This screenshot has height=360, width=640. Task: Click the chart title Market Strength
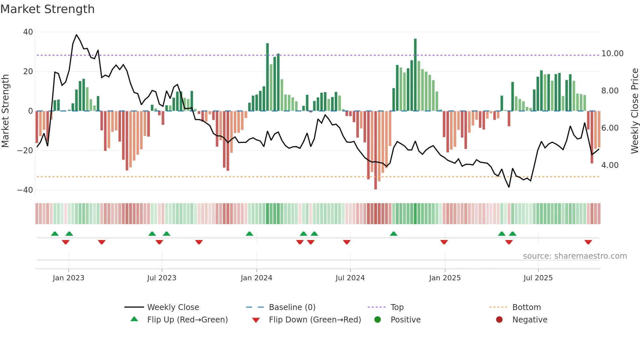coord(47,9)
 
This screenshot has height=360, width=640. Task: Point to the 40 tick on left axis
coord(28,32)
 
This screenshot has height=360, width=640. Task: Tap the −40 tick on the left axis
coord(25,190)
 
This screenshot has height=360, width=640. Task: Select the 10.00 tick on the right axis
coord(612,54)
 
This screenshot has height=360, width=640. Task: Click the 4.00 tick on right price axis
coord(610,165)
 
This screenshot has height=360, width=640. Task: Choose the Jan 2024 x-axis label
coord(256,278)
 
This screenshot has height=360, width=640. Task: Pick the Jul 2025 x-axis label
coord(538,278)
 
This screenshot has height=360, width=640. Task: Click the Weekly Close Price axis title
coord(634,111)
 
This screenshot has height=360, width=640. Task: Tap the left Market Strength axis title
coord(5,111)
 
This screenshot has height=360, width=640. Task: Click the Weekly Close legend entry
coord(173,307)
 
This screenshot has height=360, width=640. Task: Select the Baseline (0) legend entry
coord(292,307)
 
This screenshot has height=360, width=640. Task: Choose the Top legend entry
coord(397,307)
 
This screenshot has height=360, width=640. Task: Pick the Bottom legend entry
coord(526,307)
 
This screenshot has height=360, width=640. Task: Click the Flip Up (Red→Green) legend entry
coord(187,320)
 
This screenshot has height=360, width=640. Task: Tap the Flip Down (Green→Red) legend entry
coord(315,320)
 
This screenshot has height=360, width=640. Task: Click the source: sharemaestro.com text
coord(575,256)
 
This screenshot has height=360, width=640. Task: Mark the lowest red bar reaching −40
coord(376,150)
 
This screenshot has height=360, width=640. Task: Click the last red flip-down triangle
coord(588,242)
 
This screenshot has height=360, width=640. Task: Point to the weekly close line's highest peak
coord(76,35)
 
